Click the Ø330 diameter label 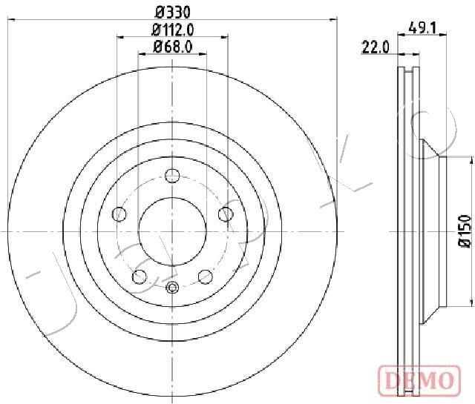click(x=173, y=13)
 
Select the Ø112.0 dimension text click(x=173, y=30)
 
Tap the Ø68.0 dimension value click(x=173, y=47)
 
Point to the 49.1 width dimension click(x=422, y=28)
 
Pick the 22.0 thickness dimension click(x=376, y=47)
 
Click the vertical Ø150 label click(x=465, y=231)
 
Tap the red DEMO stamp click(x=419, y=380)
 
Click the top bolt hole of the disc click(x=172, y=176)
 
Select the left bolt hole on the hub click(x=119, y=214)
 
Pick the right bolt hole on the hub click(x=226, y=214)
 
